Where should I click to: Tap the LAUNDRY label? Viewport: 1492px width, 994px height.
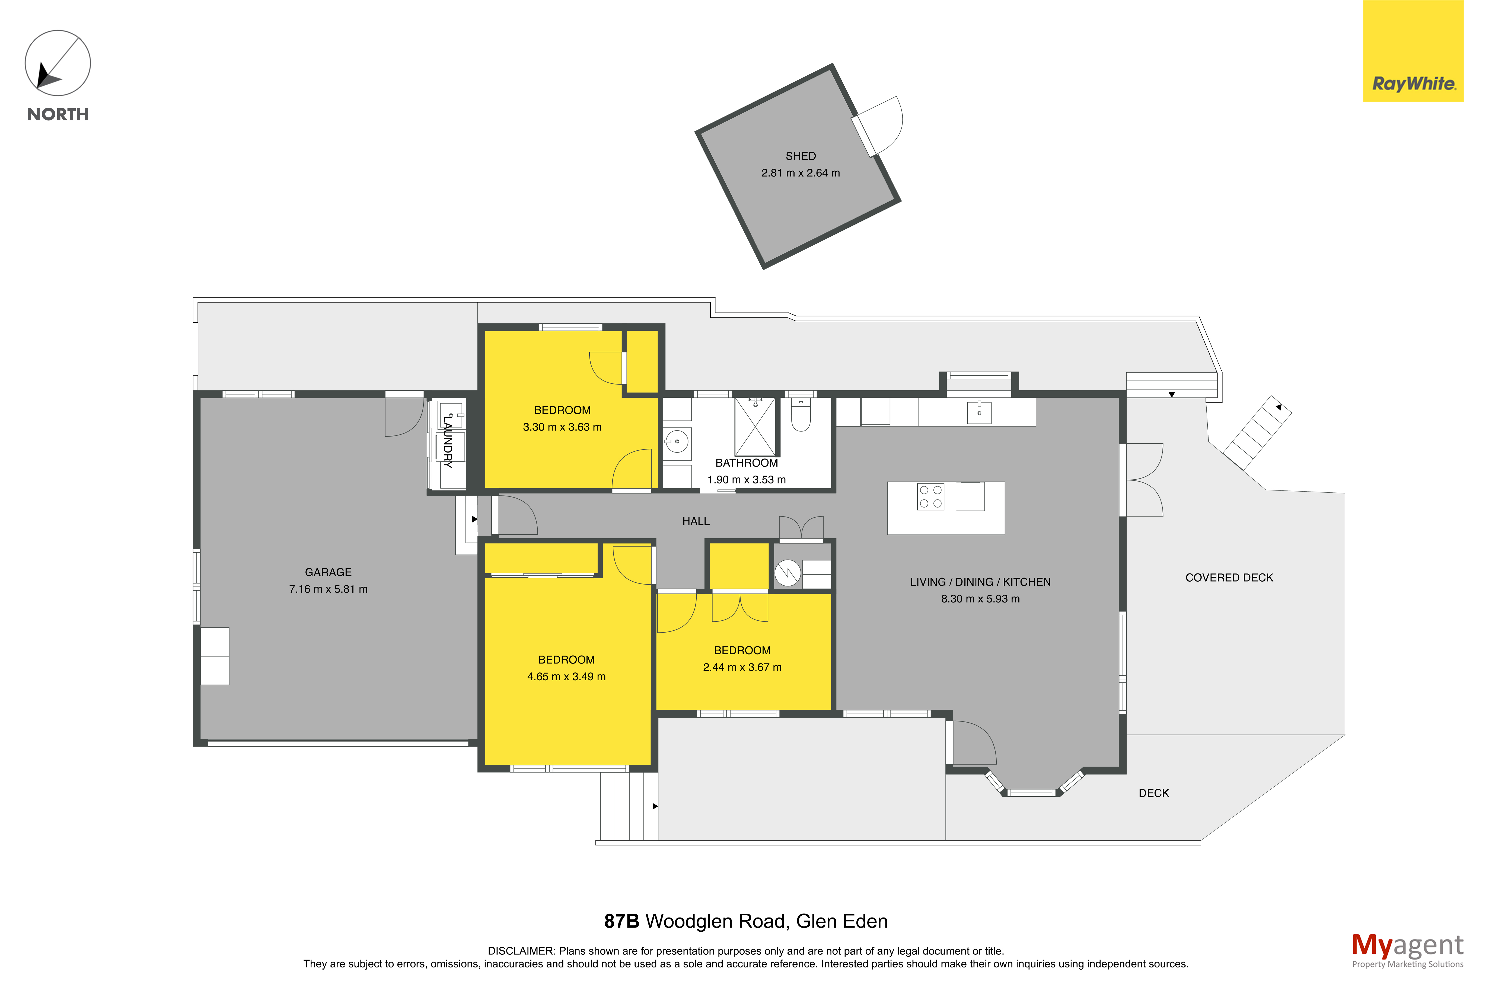pos(448,441)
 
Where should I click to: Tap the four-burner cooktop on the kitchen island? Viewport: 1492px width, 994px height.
pos(930,496)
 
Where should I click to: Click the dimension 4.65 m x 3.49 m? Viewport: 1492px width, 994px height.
pos(566,676)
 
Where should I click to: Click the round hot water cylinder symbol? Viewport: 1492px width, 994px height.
pos(788,573)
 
